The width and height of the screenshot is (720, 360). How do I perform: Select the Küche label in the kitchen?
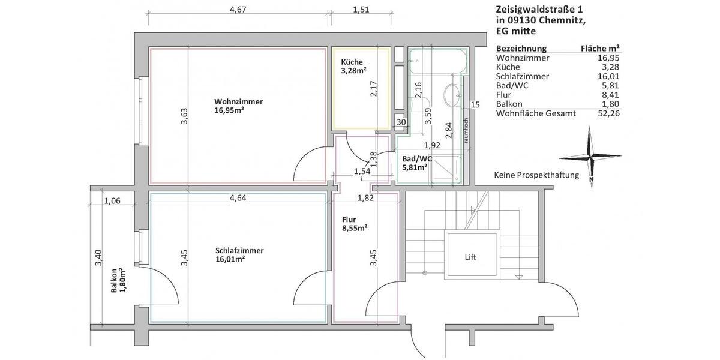[x=352, y=62]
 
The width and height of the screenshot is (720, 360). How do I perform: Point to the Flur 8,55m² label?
[x=354, y=223]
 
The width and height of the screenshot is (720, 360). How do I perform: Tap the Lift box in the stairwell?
[x=470, y=257]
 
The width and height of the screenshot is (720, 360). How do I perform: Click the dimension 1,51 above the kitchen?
[x=361, y=9]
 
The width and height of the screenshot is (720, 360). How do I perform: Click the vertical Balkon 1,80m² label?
[x=118, y=280]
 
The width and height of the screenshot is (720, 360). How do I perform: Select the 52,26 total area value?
[x=608, y=113]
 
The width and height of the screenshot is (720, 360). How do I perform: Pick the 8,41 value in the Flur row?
[x=610, y=95]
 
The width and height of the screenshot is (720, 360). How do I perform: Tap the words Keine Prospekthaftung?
[x=536, y=175]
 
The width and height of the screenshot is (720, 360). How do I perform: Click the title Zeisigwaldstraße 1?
[x=539, y=10]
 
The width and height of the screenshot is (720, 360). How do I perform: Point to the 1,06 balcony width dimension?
[x=112, y=201]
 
